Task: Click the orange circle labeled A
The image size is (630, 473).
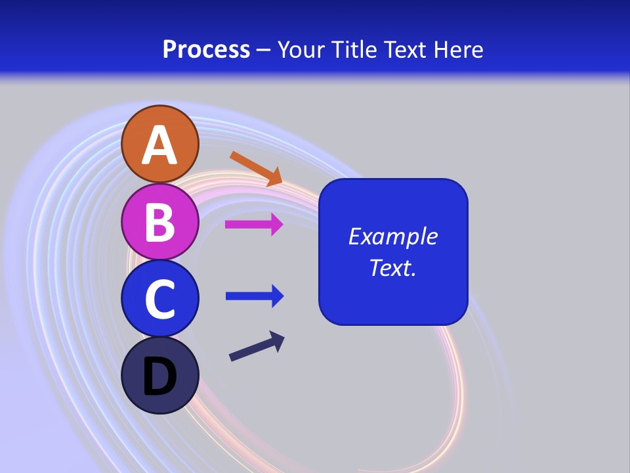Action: [160, 144]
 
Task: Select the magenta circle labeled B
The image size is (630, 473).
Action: [160, 221]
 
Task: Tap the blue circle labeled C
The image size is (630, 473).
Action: [160, 298]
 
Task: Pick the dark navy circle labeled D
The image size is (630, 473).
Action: [160, 375]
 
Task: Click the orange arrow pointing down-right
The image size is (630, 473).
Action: [255, 168]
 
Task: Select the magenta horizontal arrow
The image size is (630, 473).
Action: [253, 225]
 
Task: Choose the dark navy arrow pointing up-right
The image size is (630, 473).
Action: [257, 347]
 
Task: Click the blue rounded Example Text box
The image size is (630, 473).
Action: [393, 252]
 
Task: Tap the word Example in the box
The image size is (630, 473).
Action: [393, 236]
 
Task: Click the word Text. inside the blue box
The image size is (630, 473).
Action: [392, 268]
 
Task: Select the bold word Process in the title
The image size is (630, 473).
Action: [206, 50]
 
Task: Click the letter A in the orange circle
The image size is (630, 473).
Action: [160, 145]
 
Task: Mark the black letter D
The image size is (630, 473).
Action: [160, 377]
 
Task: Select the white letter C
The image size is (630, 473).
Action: [160, 299]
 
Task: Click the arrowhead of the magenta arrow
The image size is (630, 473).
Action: [276, 225]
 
